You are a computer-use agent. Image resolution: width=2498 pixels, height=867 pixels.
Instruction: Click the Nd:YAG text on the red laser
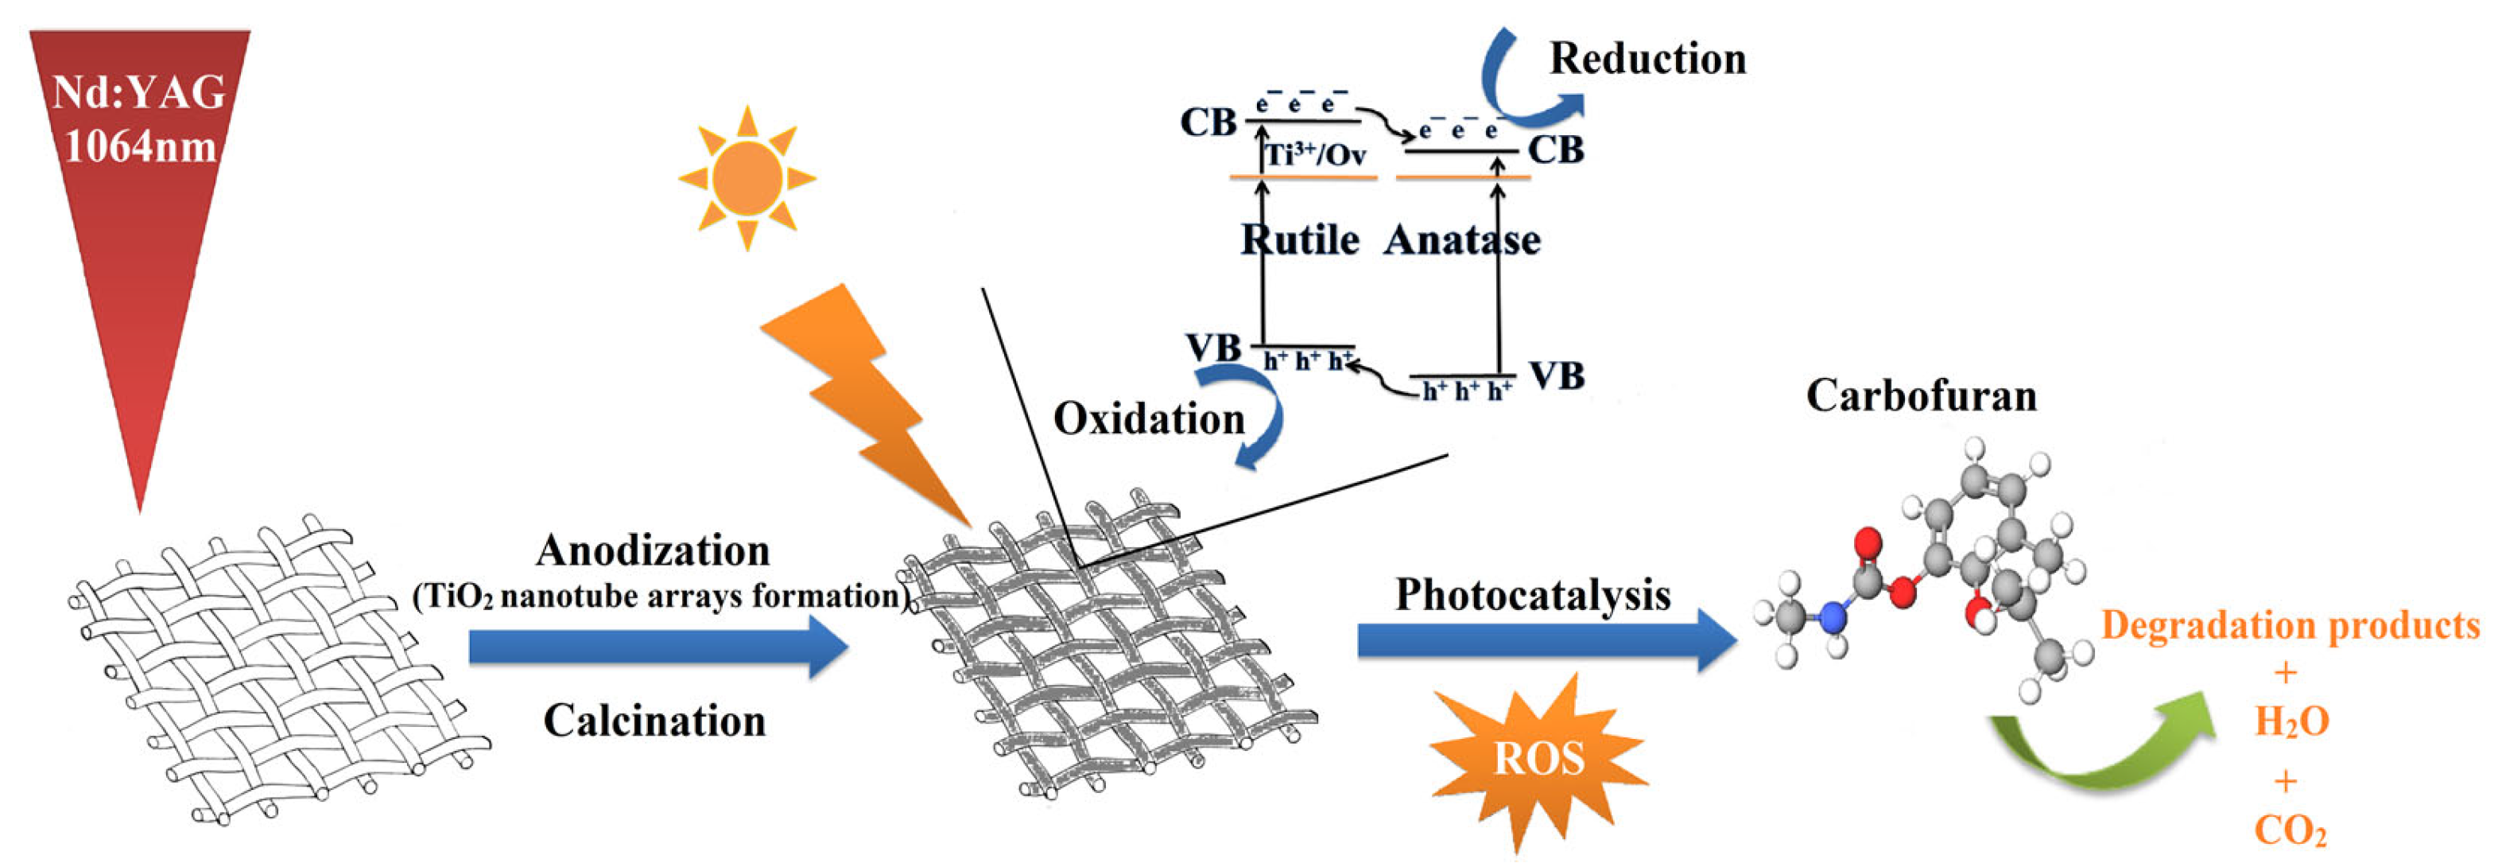pyautogui.click(x=138, y=93)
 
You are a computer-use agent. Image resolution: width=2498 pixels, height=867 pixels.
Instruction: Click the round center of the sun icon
pyautogui.click(x=746, y=177)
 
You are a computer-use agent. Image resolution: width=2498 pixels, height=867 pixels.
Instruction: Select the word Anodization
pyautogui.click(x=653, y=551)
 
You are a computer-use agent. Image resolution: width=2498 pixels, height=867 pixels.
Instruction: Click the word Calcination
pyautogui.click(x=654, y=721)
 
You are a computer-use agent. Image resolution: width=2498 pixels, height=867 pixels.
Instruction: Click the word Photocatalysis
pyautogui.click(x=1532, y=594)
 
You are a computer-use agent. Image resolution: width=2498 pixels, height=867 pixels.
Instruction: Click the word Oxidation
pyautogui.click(x=1148, y=419)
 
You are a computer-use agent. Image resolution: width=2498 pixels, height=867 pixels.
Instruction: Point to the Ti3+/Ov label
pyautogui.click(x=1316, y=154)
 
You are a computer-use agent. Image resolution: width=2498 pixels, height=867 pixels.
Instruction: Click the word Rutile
pyautogui.click(x=1299, y=239)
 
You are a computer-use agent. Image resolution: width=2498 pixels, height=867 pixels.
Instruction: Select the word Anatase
pyautogui.click(x=1461, y=239)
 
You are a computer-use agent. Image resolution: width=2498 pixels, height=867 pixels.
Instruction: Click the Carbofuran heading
pyautogui.click(x=1920, y=395)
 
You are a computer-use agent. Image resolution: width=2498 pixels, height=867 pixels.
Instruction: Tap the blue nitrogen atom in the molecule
pyautogui.click(x=1832, y=616)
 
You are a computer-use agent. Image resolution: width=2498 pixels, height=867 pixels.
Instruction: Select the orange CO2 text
pyautogui.click(x=2290, y=831)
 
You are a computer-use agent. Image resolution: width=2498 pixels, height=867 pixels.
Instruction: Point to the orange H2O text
pyautogui.click(x=2290, y=721)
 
